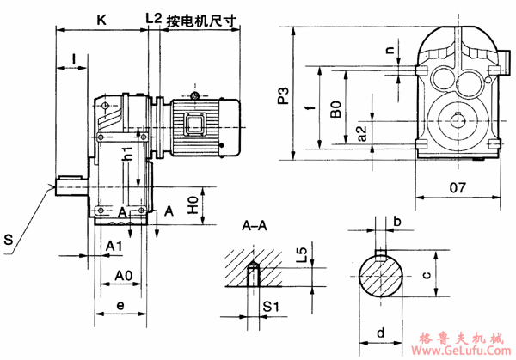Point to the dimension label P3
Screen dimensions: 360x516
284,96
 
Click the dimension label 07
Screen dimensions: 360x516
457,186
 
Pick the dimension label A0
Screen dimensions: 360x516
124,276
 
